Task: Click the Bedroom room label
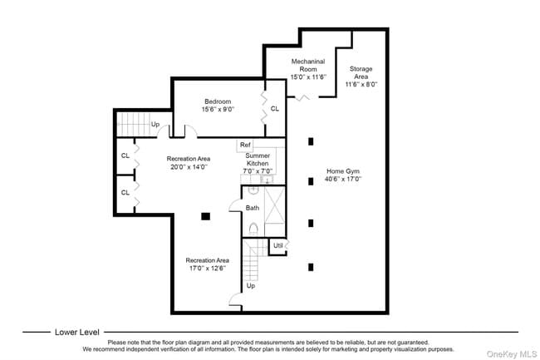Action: click(x=218, y=101)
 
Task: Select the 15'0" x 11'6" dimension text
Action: click(x=308, y=77)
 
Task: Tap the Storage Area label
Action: click(x=361, y=72)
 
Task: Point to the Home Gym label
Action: click(x=343, y=172)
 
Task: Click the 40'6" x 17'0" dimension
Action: click(x=343, y=180)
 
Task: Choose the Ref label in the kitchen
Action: click(x=245, y=145)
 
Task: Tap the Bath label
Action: click(x=253, y=208)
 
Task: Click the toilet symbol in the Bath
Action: click(x=253, y=226)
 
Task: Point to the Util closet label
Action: click(x=277, y=245)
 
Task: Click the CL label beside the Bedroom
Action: click(x=275, y=109)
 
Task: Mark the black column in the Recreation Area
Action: click(x=205, y=216)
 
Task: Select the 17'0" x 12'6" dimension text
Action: click(x=207, y=269)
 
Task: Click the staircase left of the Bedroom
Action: click(x=131, y=124)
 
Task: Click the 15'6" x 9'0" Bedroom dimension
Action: click(x=218, y=109)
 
